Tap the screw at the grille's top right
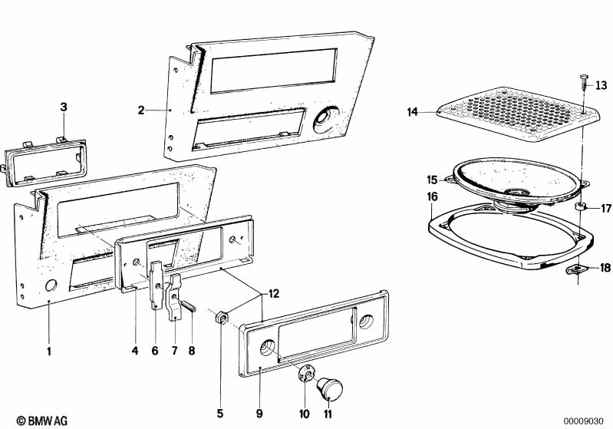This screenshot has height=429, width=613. pos(584,79)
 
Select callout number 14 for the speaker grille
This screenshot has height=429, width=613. pos(413,113)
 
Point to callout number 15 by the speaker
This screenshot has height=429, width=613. pos(432,180)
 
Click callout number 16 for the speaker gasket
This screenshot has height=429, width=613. pos(432,196)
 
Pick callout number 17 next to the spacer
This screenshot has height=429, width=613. pos(605,208)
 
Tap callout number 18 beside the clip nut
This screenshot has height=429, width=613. pos(605,268)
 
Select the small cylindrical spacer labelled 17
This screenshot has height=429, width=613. pos(582,207)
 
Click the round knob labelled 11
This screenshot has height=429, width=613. pos(333,389)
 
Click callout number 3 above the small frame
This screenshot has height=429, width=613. pos(64,106)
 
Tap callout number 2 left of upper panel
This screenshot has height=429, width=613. pos(140,111)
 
